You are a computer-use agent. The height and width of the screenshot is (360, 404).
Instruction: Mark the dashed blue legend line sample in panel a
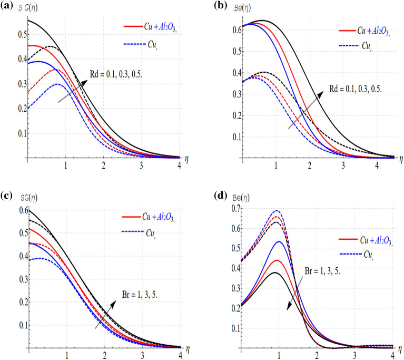pyautogui.click(x=135, y=44)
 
